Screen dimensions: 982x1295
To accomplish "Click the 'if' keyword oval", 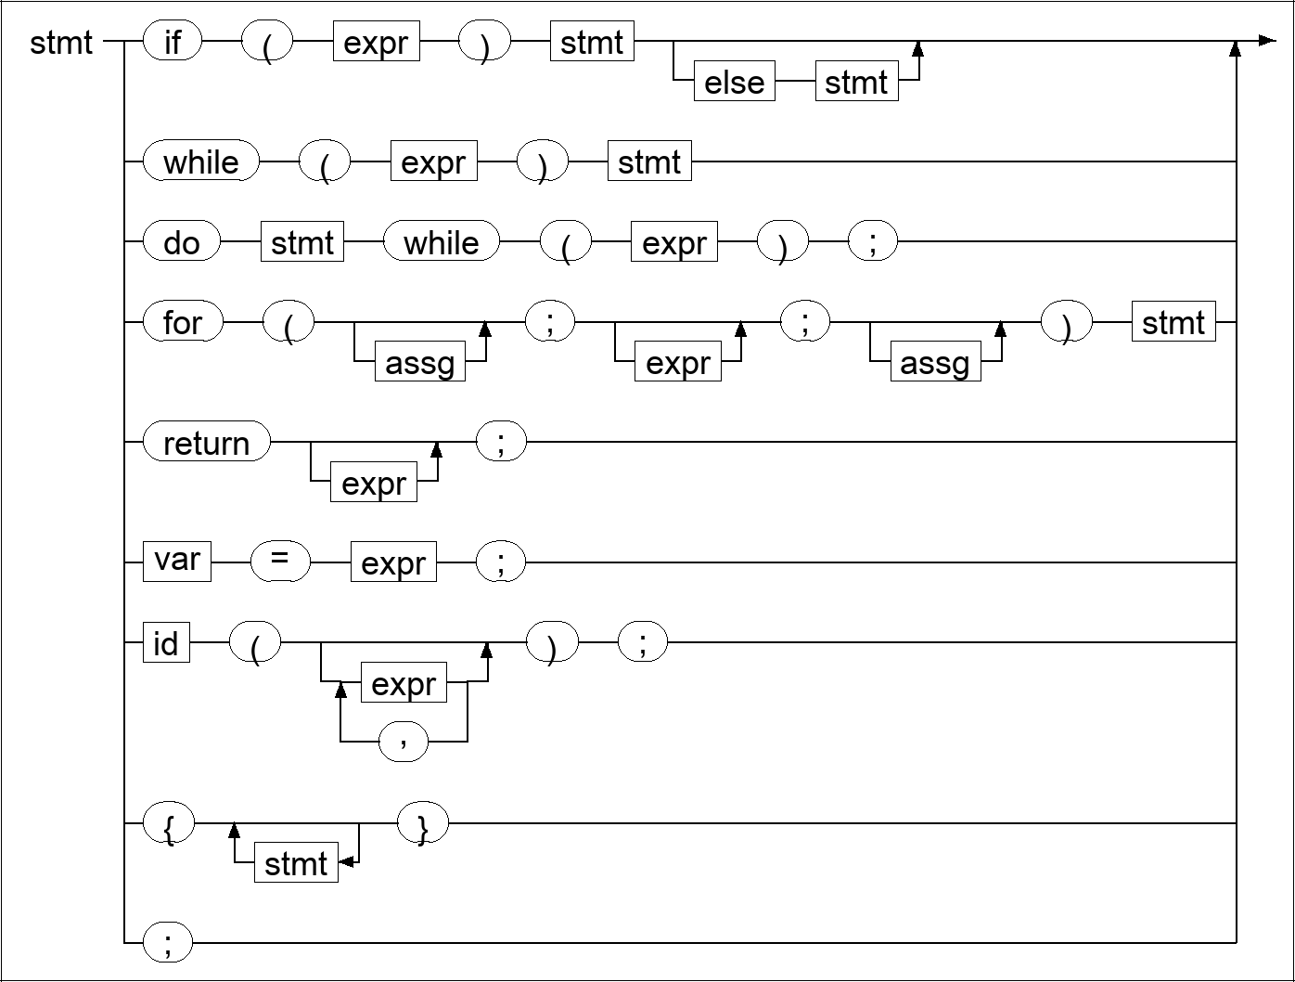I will (x=173, y=43).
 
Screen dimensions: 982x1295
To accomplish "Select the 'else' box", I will (x=735, y=83).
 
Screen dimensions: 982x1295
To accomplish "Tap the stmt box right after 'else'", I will (x=856, y=83).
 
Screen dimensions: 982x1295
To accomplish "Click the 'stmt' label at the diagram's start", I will (x=61, y=43).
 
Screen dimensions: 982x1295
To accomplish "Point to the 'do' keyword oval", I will (x=182, y=243).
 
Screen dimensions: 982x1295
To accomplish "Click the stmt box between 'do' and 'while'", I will (x=302, y=243).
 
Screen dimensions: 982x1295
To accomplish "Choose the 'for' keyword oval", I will (x=183, y=323).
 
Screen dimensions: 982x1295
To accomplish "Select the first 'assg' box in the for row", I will (x=419, y=363).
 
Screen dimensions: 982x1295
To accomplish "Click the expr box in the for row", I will (x=677, y=363).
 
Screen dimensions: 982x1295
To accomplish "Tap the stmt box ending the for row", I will (x=1173, y=323).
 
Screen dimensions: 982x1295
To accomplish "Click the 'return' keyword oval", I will (x=207, y=443).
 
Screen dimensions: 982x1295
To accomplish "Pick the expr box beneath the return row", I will (x=374, y=484).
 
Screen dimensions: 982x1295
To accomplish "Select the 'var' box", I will (x=177, y=562).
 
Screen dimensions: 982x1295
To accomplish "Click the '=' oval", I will (x=280, y=562).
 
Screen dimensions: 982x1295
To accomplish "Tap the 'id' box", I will (x=166, y=642).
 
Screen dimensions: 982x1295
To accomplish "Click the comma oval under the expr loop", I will (x=404, y=742).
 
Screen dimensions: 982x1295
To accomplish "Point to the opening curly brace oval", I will (x=169, y=823).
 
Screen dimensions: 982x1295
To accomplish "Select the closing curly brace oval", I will (x=422, y=823).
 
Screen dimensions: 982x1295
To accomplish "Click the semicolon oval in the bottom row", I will (x=168, y=943).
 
